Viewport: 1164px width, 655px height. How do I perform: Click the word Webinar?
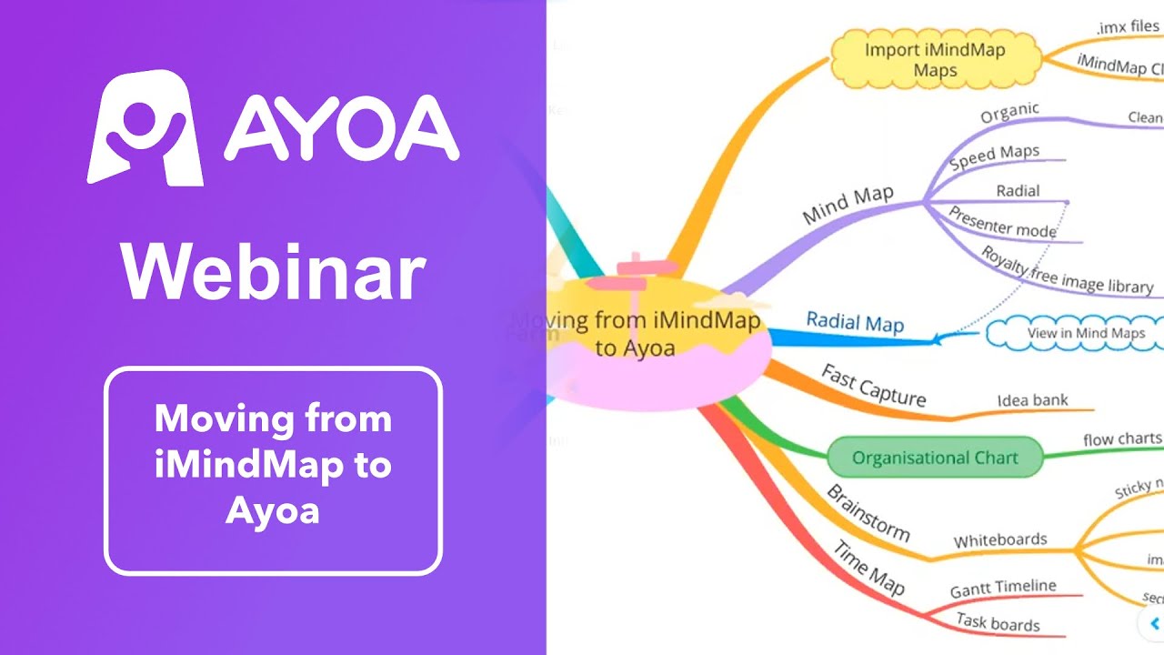pos(273,271)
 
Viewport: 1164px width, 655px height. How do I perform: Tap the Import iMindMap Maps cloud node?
pos(935,59)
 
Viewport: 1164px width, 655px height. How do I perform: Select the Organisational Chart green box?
pos(935,458)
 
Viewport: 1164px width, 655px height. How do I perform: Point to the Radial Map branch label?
pos(855,323)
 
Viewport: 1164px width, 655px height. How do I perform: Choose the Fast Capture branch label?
pos(873,386)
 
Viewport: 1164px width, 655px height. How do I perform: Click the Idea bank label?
pos(1032,400)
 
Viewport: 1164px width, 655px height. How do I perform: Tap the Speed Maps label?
pos(994,157)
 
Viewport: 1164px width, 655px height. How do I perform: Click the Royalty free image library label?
pos(1066,270)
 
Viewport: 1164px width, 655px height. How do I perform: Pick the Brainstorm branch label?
pos(868,513)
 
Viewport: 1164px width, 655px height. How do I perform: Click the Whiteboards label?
pos(1000,540)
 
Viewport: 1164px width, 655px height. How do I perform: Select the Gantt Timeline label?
pos(1003,589)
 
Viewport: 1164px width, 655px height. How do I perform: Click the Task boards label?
pos(998,623)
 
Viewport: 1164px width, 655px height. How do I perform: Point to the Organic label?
pos(1009,113)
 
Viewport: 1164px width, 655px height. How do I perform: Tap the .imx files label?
pos(1128,27)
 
